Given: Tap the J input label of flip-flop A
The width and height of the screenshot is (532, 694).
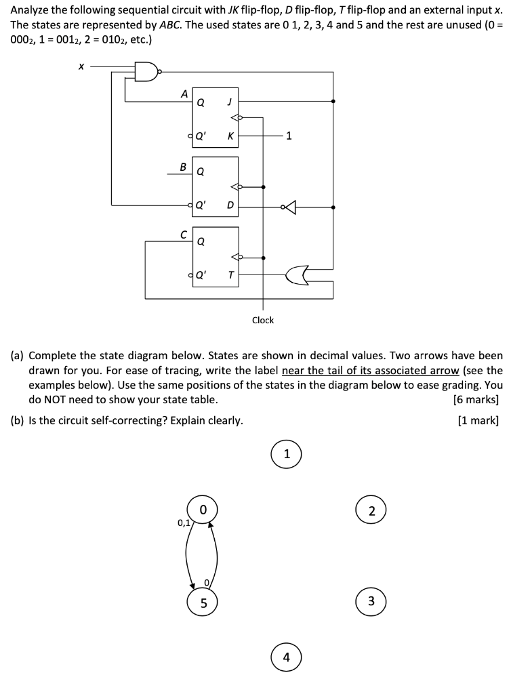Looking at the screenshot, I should pos(230,103).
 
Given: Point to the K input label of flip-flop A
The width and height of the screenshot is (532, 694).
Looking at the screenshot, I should pos(230,136).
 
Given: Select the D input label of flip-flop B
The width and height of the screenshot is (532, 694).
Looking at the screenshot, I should pos(230,205).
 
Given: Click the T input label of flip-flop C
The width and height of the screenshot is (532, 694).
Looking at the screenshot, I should pos(230,275).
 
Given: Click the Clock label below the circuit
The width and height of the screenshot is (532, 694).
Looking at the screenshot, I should pos(263,320).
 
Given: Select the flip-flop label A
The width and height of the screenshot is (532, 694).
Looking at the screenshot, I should pos(184,95).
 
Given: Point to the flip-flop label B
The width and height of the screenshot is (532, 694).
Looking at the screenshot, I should pos(182,165).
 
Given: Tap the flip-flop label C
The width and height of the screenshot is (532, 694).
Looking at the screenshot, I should pos(183,234).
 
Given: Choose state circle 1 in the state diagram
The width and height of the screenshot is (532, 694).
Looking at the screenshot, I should pos(287,454).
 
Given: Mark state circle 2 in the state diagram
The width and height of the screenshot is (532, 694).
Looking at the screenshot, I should pos(371,511).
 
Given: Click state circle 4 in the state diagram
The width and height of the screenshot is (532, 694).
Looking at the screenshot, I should pos(287,657).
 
